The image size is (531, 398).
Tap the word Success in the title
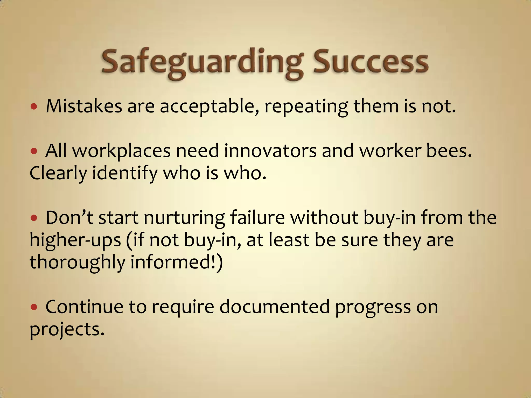(371, 62)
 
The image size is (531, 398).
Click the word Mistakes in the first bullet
(84, 106)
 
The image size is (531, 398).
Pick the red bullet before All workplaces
(34, 151)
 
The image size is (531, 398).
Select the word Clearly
(58, 174)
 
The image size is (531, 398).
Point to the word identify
(125, 174)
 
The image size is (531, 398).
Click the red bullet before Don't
(34, 218)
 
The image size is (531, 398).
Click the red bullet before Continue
(34, 307)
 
